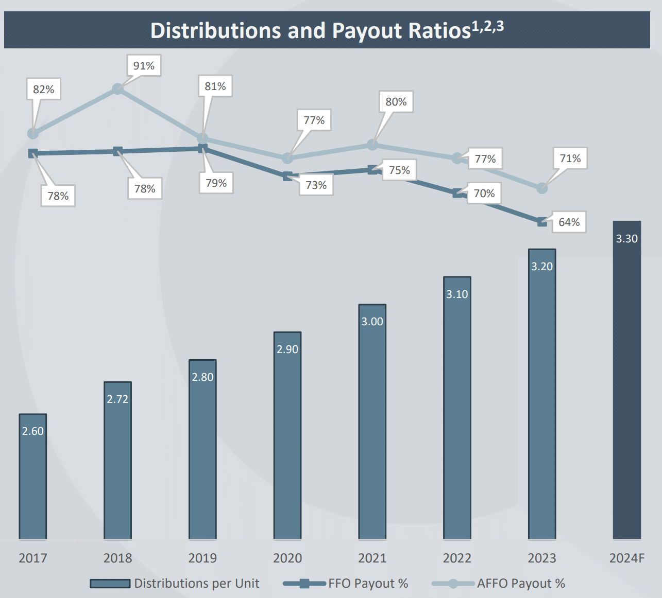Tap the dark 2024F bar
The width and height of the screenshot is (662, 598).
(x=626, y=381)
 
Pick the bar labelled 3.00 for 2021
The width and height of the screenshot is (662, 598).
(x=372, y=422)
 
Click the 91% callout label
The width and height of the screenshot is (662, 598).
(x=144, y=66)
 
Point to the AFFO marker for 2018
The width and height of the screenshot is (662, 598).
(x=117, y=89)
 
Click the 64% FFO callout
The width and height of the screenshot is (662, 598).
(x=569, y=222)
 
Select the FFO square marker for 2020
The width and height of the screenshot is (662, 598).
(x=287, y=177)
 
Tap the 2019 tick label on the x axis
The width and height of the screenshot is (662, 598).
(x=202, y=558)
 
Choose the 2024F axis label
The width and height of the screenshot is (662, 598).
(x=626, y=558)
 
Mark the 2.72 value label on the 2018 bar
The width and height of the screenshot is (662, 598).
(x=117, y=399)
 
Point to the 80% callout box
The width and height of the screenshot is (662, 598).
(x=396, y=102)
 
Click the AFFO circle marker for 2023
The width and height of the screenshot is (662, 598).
(x=542, y=188)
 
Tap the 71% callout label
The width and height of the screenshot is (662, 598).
(x=570, y=159)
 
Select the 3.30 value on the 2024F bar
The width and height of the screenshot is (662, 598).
(x=626, y=239)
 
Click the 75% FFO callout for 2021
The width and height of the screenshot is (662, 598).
(x=399, y=170)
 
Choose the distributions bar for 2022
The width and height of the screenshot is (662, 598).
(x=457, y=412)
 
